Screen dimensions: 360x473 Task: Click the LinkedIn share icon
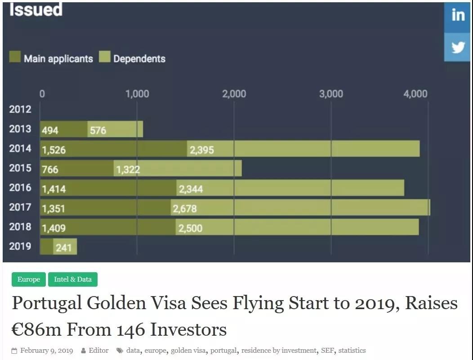pyautogui.click(x=458, y=15)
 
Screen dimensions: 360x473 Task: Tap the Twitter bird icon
pyautogui.click(x=458, y=47)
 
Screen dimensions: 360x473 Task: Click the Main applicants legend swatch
pyautogui.click(x=15, y=57)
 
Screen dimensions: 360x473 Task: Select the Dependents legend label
pyautogui.click(x=139, y=58)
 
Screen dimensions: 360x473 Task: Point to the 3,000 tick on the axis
pyautogui.click(x=331, y=94)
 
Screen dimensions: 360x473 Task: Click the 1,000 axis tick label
pyautogui.click(x=137, y=94)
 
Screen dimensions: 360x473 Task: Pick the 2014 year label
pyautogui.click(x=20, y=148)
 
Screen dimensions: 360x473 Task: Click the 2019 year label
pyautogui.click(x=20, y=246)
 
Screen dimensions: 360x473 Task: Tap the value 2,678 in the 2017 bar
pyautogui.click(x=185, y=208)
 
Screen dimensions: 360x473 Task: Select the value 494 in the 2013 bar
pyautogui.click(x=50, y=130)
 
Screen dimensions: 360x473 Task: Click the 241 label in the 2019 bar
pyautogui.click(x=63, y=247)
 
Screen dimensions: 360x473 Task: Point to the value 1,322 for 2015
pyautogui.click(x=128, y=170)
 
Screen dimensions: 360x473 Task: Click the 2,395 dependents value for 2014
pyautogui.click(x=201, y=150)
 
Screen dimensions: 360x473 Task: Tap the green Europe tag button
pyautogui.click(x=29, y=279)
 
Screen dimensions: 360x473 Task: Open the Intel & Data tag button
pyautogui.click(x=73, y=279)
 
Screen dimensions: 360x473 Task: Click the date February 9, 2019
pyautogui.click(x=46, y=351)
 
